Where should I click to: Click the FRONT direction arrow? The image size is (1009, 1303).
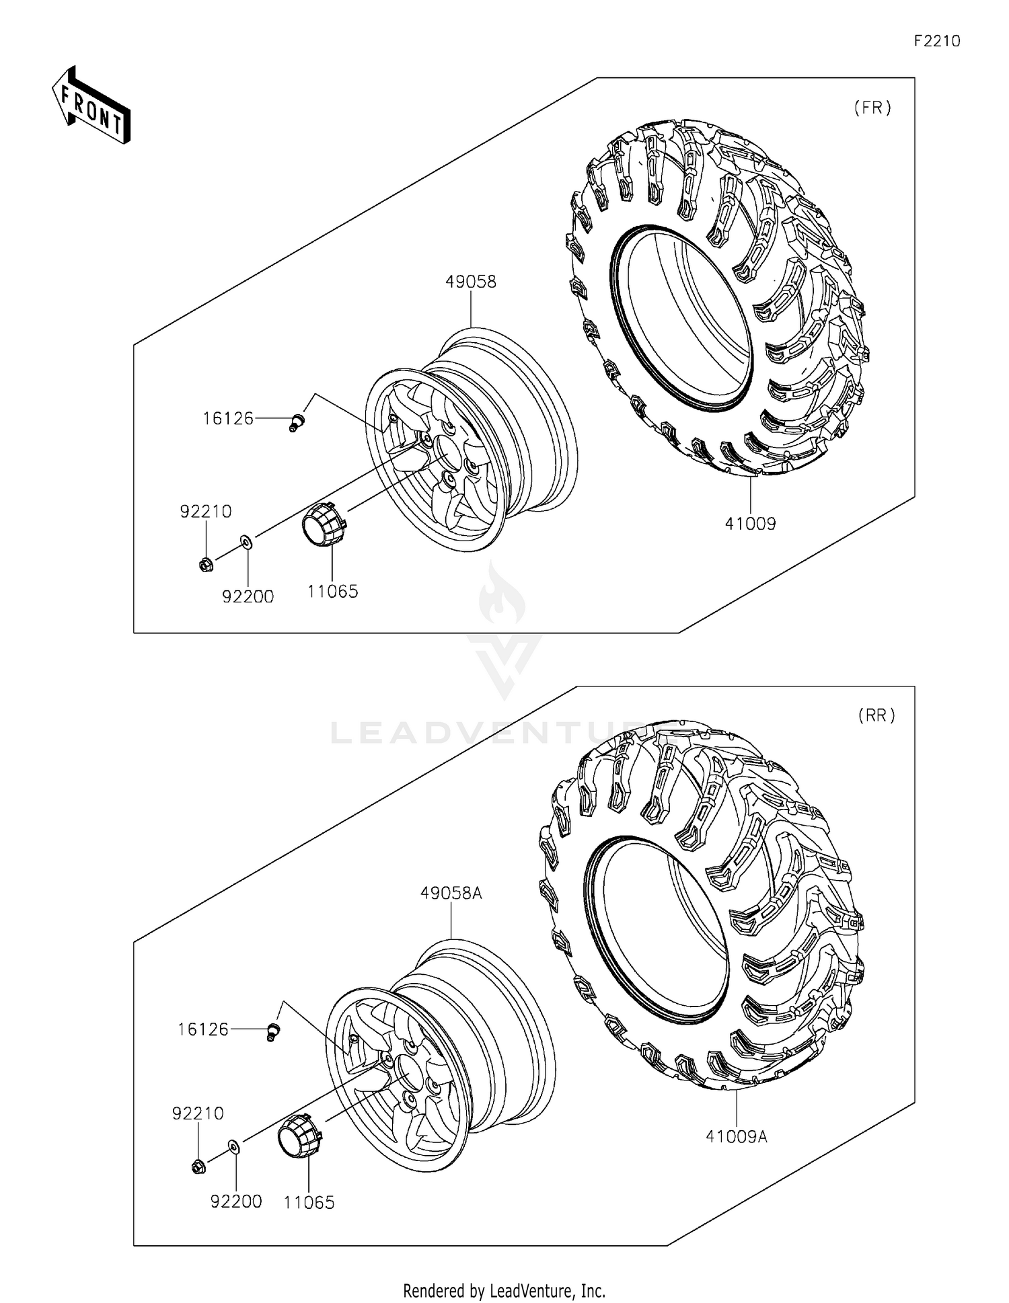pyautogui.click(x=91, y=106)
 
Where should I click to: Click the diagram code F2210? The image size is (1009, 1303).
pyautogui.click(x=936, y=41)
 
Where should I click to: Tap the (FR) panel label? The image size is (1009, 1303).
pyautogui.click(x=872, y=108)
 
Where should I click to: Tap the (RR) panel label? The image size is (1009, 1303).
pyautogui.click(x=876, y=716)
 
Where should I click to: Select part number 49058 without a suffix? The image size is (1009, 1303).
pyautogui.click(x=471, y=282)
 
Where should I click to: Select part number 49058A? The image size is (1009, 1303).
pyautogui.click(x=451, y=894)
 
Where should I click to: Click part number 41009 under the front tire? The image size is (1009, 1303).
pyautogui.click(x=750, y=523)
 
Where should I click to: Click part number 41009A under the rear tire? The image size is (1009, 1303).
pyautogui.click(x=737, y=1136)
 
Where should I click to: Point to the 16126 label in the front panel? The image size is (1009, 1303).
pyautogui.click(x=228, y=419)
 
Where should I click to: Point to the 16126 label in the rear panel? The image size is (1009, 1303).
pyautogui.click(x=203, y=1029)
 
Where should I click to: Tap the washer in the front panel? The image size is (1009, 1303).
pyautogui.click(x=246, y=541)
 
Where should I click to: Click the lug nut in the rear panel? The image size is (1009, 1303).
pyautogui.click(x=198, y=1167)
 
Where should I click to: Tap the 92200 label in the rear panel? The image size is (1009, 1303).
pyautogui.click(x=236, y=1201)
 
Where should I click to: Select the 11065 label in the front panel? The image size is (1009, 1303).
pyautogui.click(x=333, y=592)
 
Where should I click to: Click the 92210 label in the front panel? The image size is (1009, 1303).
pyautogui.click(x=206, y=512)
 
